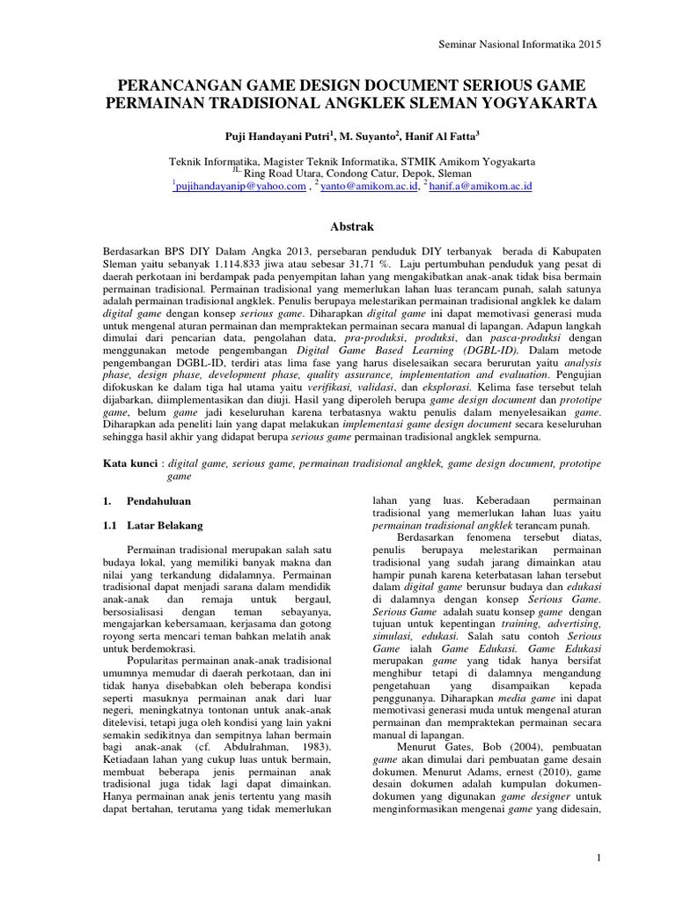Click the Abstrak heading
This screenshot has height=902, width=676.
337,225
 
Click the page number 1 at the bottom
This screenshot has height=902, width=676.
598,857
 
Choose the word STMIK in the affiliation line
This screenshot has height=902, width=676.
437,161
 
